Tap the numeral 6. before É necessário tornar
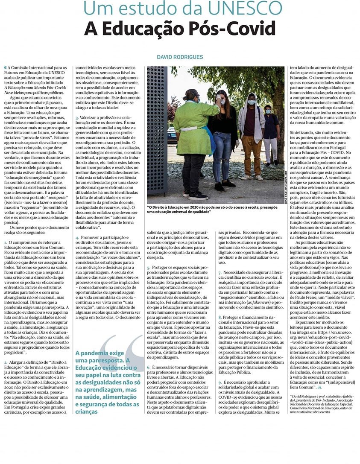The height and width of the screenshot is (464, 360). (149, 367)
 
